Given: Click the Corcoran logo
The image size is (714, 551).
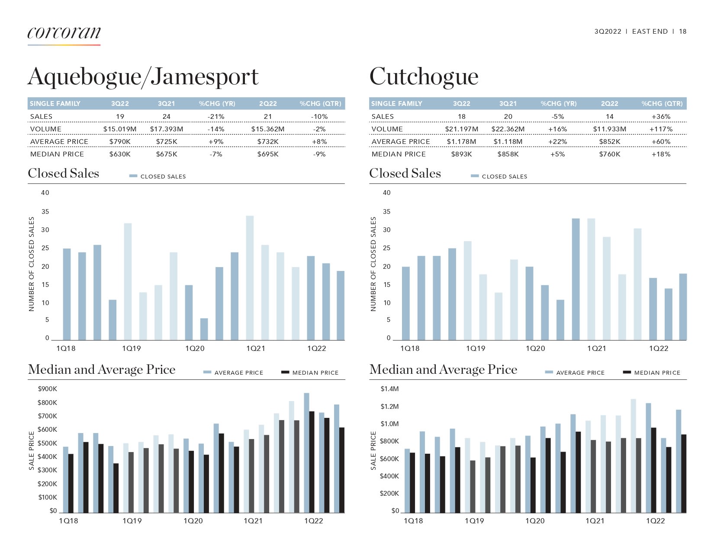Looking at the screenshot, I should (64, 33).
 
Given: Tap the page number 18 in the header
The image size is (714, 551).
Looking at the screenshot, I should (682, 32).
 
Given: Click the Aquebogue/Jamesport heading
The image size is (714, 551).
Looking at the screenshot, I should (143, 77).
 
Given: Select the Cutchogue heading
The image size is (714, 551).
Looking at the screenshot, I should (424, 77).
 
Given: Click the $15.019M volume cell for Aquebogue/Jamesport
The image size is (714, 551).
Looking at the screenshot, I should (120, 129).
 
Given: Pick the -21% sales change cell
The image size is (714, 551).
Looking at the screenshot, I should (216, 117).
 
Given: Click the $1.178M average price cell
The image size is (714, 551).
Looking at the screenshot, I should (461, 142).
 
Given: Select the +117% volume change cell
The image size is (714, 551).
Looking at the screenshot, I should (661, 129).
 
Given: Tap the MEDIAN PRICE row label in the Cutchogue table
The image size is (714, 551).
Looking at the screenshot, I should (399, 154).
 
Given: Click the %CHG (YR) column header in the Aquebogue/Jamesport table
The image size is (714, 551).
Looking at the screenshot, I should (217, 104).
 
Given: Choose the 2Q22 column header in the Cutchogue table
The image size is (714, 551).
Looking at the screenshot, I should (609, 104).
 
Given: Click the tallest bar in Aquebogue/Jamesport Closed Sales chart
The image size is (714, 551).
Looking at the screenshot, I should (250, 277).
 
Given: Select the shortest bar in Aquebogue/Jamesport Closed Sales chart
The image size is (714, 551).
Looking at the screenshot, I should (204, 329).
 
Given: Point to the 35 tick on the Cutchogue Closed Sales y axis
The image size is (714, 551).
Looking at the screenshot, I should (386, 212).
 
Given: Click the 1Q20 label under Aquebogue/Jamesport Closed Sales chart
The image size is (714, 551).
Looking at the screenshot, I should (195, 348).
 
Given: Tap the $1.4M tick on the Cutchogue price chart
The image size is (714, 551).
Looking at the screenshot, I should (389, 389).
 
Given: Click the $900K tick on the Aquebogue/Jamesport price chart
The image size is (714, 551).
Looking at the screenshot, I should (47, 389).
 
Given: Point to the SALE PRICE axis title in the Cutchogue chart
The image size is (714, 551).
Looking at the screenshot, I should (373, 451).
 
